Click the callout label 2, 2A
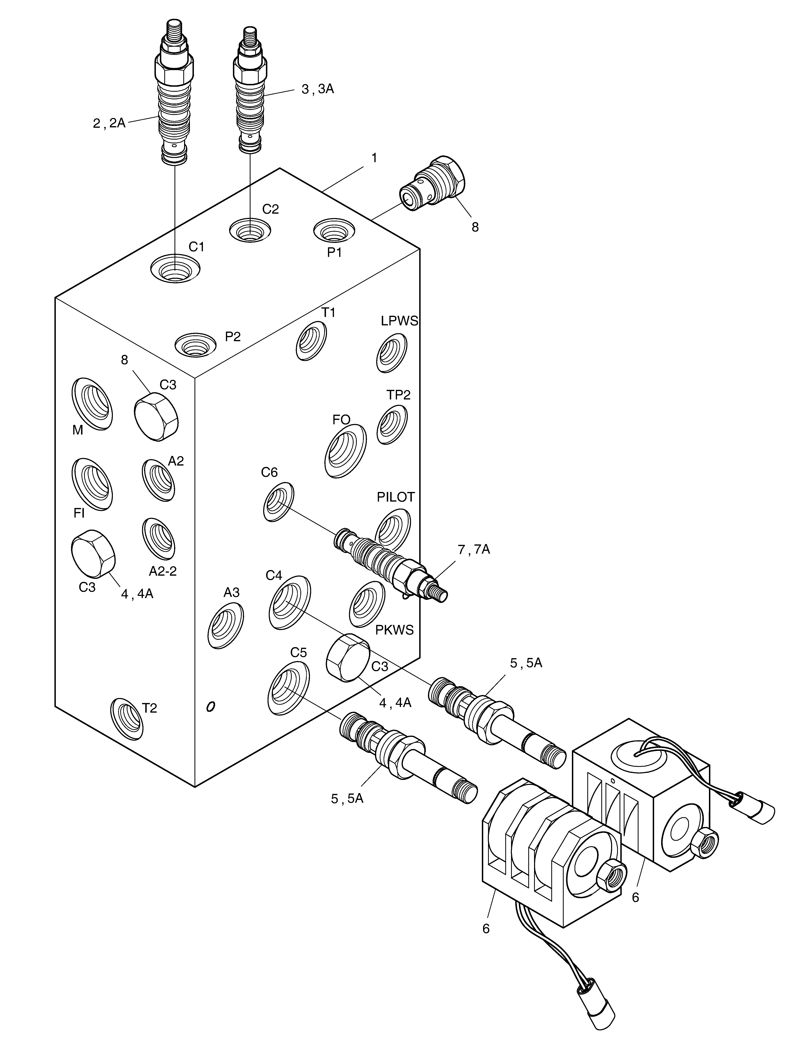(109, 124)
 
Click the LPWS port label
(399, 321)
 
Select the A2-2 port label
(163, 571)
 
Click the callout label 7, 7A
(474, 550)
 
